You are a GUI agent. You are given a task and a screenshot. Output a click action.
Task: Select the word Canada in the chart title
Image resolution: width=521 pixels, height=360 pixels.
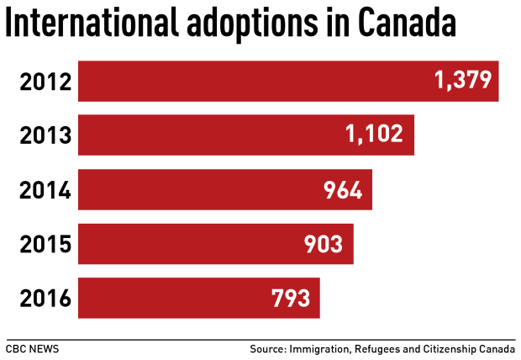click(x=407, y=24)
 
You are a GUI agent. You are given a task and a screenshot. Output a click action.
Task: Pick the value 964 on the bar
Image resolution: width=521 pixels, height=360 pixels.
click(x=343, y=190)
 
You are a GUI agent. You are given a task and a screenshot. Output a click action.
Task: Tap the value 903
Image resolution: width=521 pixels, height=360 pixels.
click(x=324, y=244)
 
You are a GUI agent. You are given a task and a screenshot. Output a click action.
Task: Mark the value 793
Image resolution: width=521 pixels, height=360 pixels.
click(x=290, y=298)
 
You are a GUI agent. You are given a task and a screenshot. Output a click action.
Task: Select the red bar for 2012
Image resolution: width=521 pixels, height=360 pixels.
click(x=252, y=82)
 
